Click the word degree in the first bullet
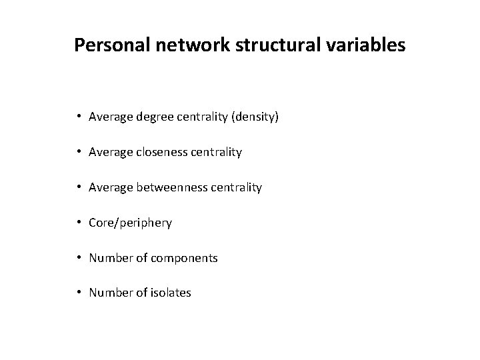[x=153, y=117]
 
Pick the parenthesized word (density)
[x=255, y=117]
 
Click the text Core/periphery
[x=130, y=223]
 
